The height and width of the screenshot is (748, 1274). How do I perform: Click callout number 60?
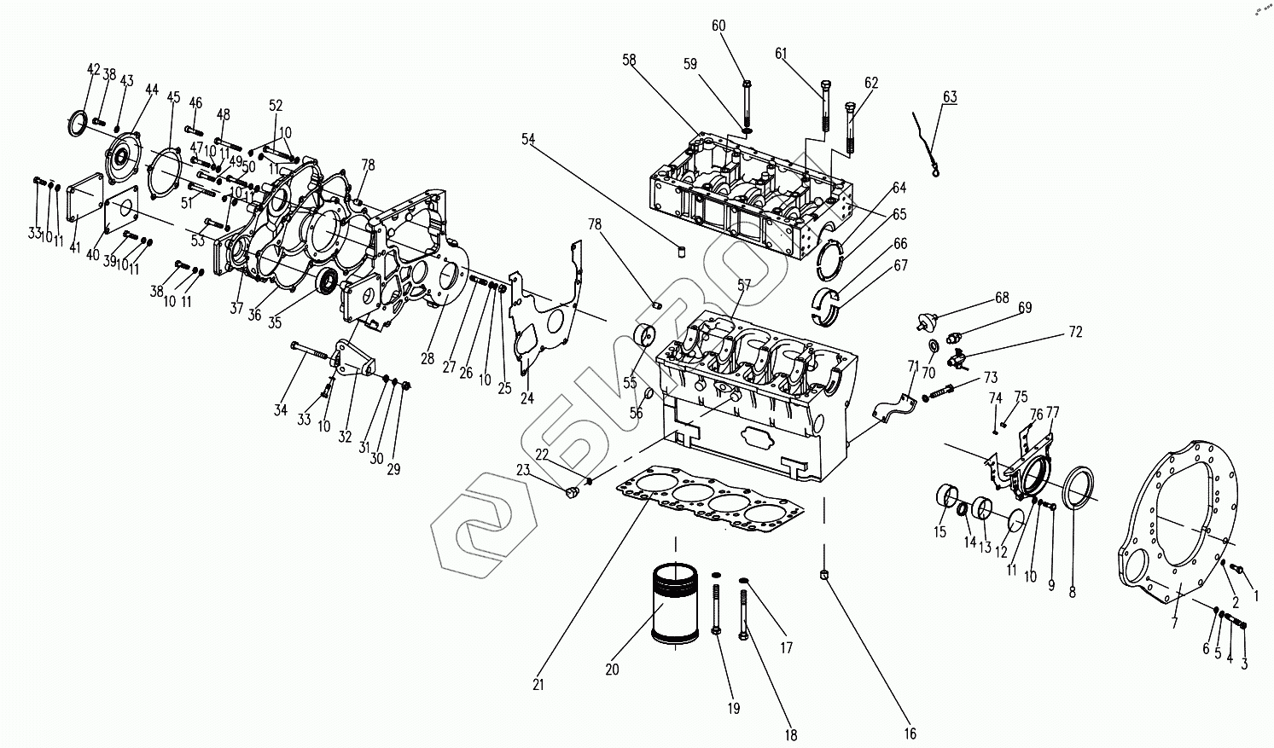click(718, 26)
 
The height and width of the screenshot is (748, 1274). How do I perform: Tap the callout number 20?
click(612, 670)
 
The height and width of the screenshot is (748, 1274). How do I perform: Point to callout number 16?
click(910, 734)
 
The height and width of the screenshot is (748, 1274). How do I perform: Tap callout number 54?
click(528, 138)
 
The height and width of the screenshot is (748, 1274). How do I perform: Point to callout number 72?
click(1074, 332)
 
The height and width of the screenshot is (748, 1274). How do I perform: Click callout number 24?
click(527, 398)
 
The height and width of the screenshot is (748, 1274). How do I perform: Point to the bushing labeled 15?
click(945, 496)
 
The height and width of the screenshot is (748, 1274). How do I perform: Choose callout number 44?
click(152, 90)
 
